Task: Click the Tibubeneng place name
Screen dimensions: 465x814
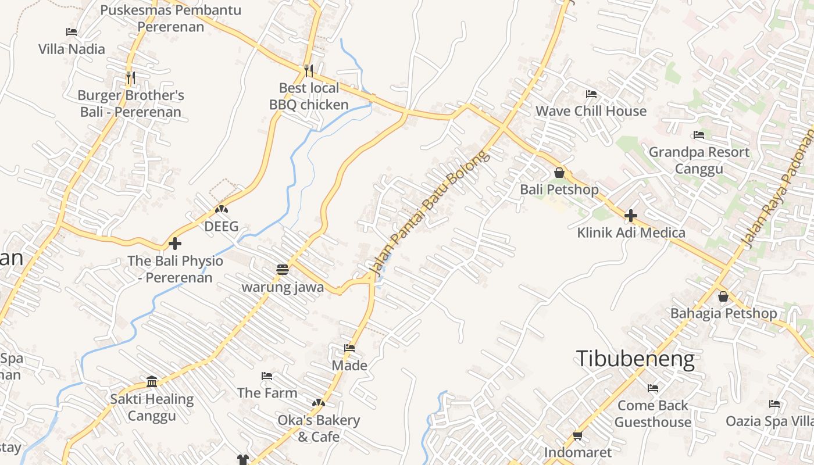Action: [x=635, y=359]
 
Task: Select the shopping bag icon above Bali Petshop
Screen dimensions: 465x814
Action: [x=559, y=173]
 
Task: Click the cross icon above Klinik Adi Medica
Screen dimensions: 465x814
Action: [x=631, y=216]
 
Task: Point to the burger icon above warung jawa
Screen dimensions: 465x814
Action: [x=283, y=270]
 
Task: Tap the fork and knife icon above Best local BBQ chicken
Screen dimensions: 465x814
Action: [x=309, y=71]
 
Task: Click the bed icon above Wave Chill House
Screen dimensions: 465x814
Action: [x=591, y=94]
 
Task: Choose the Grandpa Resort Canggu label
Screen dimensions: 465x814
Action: [x=699, y=160]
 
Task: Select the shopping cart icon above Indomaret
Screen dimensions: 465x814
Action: [x=577, y=435]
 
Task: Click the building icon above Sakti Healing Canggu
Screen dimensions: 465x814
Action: [x=152, y=381]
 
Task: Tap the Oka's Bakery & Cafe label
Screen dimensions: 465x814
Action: [x=319, y=428]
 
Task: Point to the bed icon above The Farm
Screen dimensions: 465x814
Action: [x=267, y=376]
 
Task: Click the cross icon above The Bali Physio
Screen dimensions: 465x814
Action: [x=175, y=244]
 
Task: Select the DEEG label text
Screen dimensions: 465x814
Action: [x=222, y=226]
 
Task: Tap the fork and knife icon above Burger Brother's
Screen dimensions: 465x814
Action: [x=130, y=77]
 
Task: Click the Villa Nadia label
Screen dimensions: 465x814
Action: [x=72, y=49]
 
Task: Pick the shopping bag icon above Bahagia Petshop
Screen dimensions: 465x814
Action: [x=723, y=296]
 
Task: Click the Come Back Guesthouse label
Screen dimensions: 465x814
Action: [x=653, y=413]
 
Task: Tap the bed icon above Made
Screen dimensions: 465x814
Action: [x=349, y=348]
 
